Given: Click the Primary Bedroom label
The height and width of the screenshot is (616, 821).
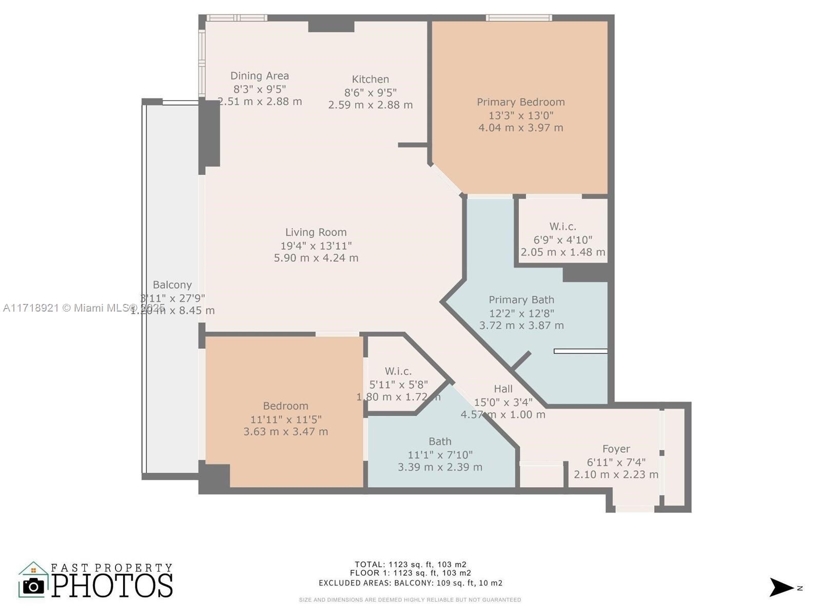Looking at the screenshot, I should [520, 102].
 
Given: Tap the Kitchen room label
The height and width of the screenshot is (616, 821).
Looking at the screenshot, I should [370, 79].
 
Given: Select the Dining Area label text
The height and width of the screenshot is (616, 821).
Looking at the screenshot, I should [259, 76].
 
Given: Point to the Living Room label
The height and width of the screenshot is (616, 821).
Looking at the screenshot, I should [316, 233].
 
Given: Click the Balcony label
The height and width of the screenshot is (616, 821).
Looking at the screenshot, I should [172, 285].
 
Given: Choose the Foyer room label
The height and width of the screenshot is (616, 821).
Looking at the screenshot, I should [616, 449].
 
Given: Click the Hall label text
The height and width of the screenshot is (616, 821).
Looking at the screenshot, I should [503, 389].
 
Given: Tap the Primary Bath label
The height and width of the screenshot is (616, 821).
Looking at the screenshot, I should [521, 300].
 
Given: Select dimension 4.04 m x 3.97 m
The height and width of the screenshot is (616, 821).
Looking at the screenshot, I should [520, 128].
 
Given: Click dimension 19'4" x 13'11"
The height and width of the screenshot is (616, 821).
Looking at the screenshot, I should [316, 246].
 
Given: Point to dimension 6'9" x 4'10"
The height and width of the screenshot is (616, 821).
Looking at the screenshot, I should [562, 240].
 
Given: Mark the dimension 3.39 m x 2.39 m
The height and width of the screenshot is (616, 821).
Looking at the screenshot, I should [440, 467].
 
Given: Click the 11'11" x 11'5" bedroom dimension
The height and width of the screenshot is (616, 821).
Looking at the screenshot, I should [285, 419].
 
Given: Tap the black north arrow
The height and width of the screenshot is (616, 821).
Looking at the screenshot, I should [781, 587].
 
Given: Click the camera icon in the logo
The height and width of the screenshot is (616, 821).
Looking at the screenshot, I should [34, 586].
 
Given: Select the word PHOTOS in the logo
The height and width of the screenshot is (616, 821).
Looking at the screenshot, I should [112, 586].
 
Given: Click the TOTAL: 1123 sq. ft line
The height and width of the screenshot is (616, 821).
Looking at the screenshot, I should [410, 565].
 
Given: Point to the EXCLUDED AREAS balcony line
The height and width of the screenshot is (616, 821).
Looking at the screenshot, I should [410, 583].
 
